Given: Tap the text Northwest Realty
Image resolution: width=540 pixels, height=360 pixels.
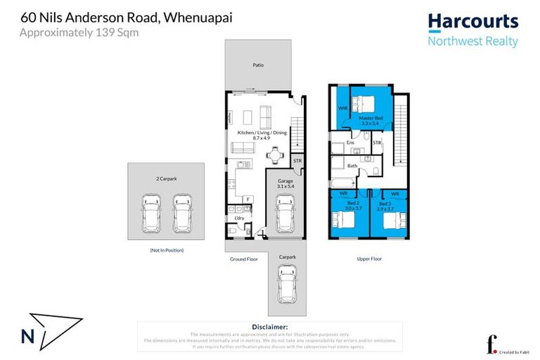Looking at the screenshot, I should (x=472, y=41).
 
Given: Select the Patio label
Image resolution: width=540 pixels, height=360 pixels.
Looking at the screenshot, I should (x=259, y=65).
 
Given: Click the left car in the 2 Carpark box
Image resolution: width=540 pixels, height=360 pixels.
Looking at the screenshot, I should (x=152, y=214).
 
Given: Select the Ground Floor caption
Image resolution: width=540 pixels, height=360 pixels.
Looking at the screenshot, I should (x=244, y=259).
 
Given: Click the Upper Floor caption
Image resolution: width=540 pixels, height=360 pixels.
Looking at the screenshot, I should (x=369, y=259).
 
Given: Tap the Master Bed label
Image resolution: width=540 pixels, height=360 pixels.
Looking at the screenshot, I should (x=370, y=118).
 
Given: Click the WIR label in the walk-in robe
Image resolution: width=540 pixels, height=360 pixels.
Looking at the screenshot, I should (x=342, y=108).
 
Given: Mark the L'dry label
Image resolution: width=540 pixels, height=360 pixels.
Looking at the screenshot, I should (x=238, y=219).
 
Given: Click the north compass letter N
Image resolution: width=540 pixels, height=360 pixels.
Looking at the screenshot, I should (x=28, y=336).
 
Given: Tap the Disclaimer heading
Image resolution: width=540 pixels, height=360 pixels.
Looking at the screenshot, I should (x=269, y=327).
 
